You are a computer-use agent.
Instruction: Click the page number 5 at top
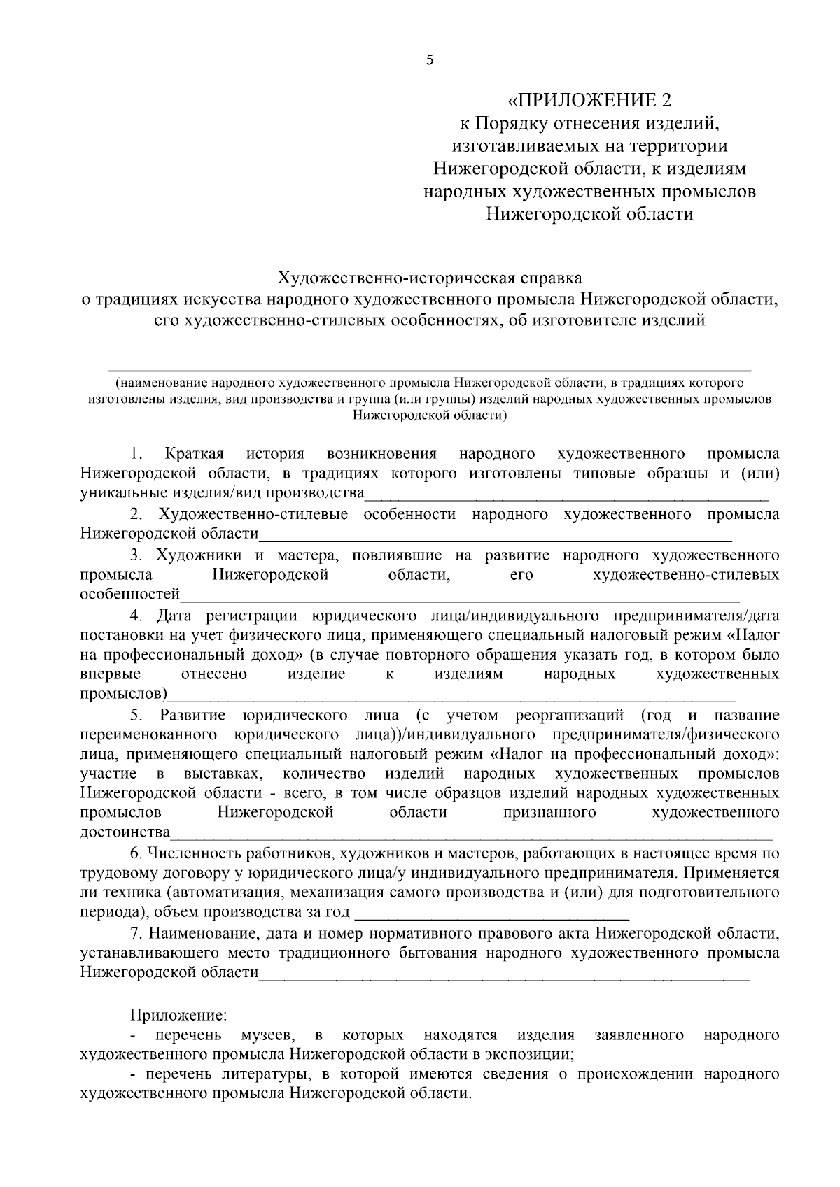(430, 61)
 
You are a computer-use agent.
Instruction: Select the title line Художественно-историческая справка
(430, 278)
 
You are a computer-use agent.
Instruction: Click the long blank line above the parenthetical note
(430, 369)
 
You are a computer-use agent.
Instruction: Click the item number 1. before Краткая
(137, 454)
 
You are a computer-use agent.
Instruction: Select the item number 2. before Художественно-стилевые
(137, 515)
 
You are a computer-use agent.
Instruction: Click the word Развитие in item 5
(192, 716)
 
